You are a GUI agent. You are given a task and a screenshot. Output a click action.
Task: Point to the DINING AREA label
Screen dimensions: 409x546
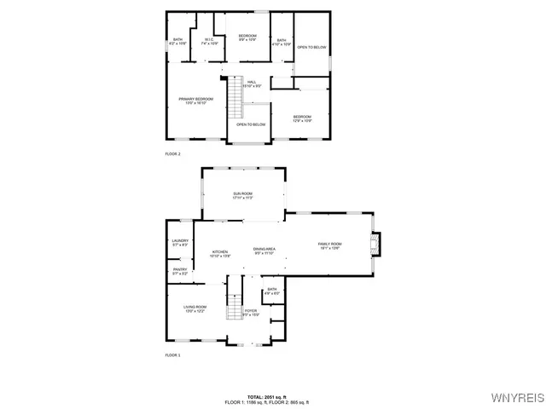tap(264, 251)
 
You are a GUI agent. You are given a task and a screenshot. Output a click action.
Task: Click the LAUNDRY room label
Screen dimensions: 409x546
tap(179, 243)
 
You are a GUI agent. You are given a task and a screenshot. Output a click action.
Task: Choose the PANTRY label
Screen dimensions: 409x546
tap(179, 272)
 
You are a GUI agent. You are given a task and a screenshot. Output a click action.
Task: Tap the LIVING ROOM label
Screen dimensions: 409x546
tap(195, 308)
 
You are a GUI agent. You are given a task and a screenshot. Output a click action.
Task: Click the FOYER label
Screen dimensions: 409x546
tap(251, 313)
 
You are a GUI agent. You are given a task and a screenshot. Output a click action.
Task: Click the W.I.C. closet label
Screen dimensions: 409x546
tap(209, 41)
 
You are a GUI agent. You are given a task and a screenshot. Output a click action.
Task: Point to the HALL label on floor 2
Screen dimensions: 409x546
tap(252, 84)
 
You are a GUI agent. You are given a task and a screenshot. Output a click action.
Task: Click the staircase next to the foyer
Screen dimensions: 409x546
tap(234, 305)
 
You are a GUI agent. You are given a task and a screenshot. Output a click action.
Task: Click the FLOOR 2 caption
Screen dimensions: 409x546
tap(172, 153)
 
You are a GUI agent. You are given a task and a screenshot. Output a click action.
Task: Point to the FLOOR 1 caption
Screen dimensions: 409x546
tap(172, 354)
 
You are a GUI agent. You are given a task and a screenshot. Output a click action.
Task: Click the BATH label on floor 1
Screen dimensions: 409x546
tap(271, 291)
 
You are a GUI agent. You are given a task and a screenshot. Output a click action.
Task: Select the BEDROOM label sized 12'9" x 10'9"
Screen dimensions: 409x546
tap(302, 118)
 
